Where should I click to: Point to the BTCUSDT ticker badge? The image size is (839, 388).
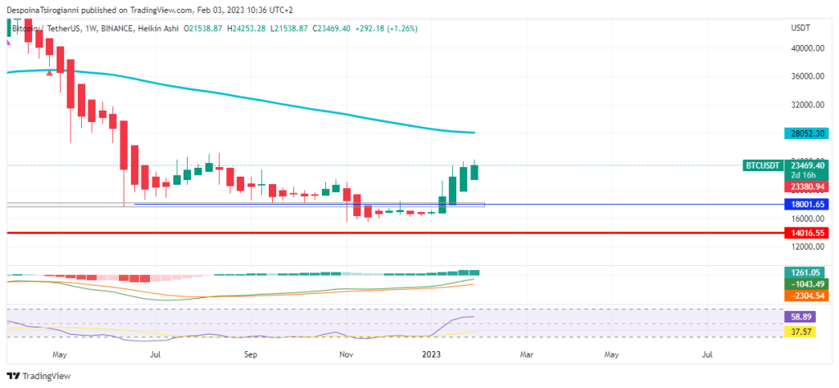(761, 165)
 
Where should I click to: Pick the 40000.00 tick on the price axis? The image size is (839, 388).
(806, 48)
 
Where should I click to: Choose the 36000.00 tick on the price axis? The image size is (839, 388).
(806, 77)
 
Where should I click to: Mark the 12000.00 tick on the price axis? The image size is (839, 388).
(806, 247)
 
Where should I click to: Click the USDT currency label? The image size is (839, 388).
(800, 28)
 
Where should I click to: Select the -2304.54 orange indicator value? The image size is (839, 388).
(806, 295)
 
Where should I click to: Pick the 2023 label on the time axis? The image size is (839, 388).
(432, 355)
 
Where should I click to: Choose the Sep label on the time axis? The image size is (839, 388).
(251, 355)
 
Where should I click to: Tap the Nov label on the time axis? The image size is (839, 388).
(346, 355)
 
